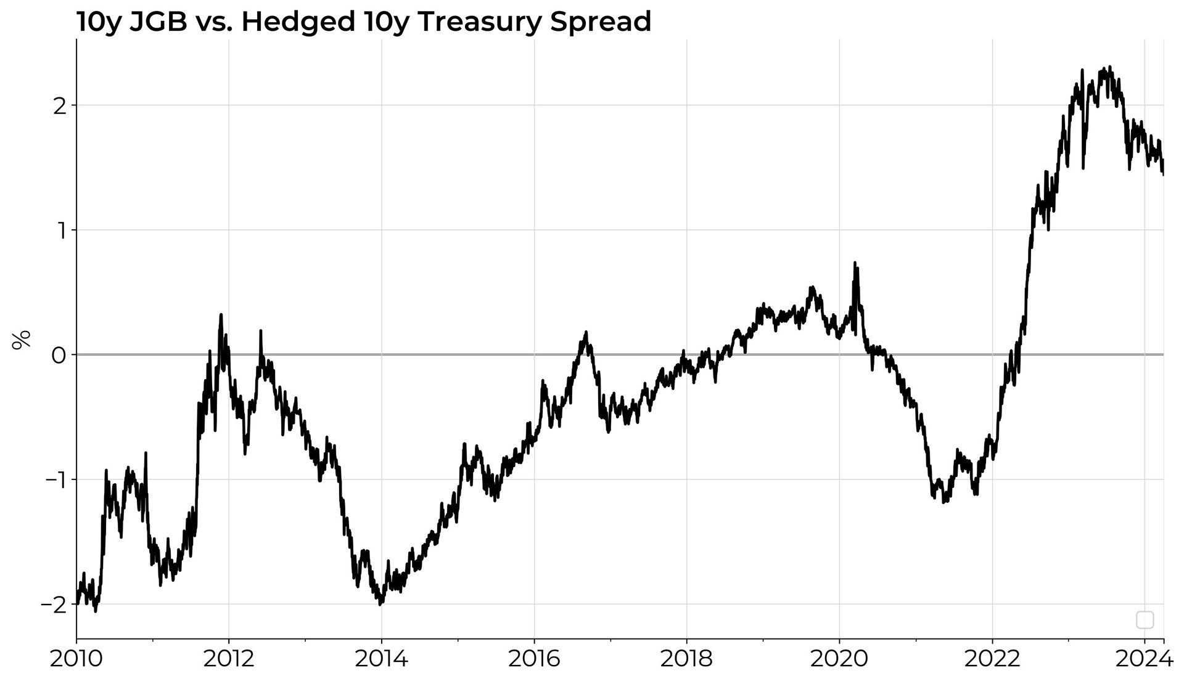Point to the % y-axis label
tap(21, 340)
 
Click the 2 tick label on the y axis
tap(59, 105)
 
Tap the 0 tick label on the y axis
tap(59, 356)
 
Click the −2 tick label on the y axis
tap(54, 605)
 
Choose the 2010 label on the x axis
tap(76, 659)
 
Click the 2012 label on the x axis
tap(229, 659)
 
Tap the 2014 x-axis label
tap(381, 659)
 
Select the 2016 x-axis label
tap(534, 659)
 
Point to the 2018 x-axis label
tap(686, 659)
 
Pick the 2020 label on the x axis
tap(839, 659)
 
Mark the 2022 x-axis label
tap(992, 659)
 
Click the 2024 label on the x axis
tap(1145, 659)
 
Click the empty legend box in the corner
tap(1145, 619)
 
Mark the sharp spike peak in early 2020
tap(855, 263)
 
